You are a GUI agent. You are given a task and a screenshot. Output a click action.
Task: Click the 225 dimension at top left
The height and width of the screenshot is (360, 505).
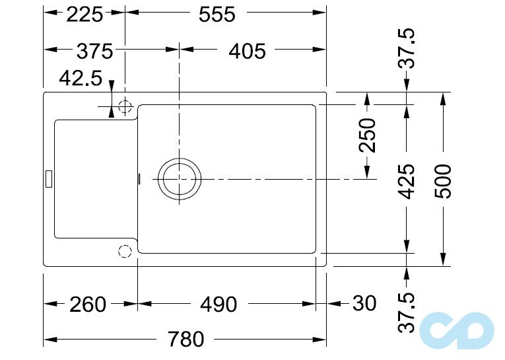click(x=84, y=15)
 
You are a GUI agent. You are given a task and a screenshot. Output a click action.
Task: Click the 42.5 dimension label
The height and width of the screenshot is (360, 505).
click(x=81, y=79)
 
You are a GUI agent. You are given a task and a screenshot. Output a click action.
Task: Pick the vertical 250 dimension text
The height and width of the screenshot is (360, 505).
click(x=367, y=135)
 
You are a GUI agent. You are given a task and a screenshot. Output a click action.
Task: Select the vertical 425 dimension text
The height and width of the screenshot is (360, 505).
click(x=408, y=181)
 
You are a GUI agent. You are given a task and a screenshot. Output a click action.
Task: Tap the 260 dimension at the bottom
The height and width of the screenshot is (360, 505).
click(x=87, y=305)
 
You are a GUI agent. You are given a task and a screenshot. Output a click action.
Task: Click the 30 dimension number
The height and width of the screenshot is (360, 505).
click(x=364, y=304)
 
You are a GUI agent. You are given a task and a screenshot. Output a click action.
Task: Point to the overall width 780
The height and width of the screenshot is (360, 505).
click(x=185, y=340)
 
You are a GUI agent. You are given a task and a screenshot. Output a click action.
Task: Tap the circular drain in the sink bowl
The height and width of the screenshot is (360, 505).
click(x=178, y=179)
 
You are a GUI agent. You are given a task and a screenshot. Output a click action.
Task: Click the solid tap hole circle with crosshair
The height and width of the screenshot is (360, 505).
click(x=125, y=106)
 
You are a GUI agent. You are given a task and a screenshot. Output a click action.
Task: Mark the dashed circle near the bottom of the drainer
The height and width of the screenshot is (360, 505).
click(x=124, y=250)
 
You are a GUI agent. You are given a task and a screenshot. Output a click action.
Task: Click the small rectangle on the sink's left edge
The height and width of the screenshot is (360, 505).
click(x=48, y=178)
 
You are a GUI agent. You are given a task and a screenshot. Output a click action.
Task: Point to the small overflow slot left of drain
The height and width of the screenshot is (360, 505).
click(x=139, y=178)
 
